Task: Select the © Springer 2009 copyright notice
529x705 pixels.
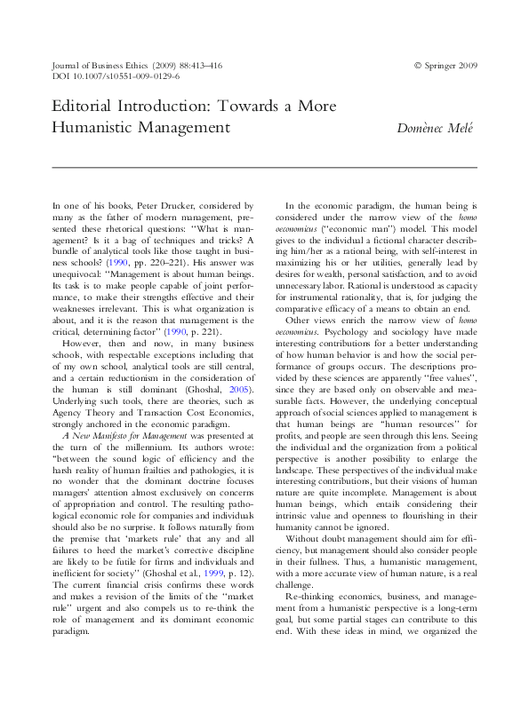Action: point(445,66)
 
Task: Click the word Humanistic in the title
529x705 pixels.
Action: point(98,127)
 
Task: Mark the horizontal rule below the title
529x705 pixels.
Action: point(265,167)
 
